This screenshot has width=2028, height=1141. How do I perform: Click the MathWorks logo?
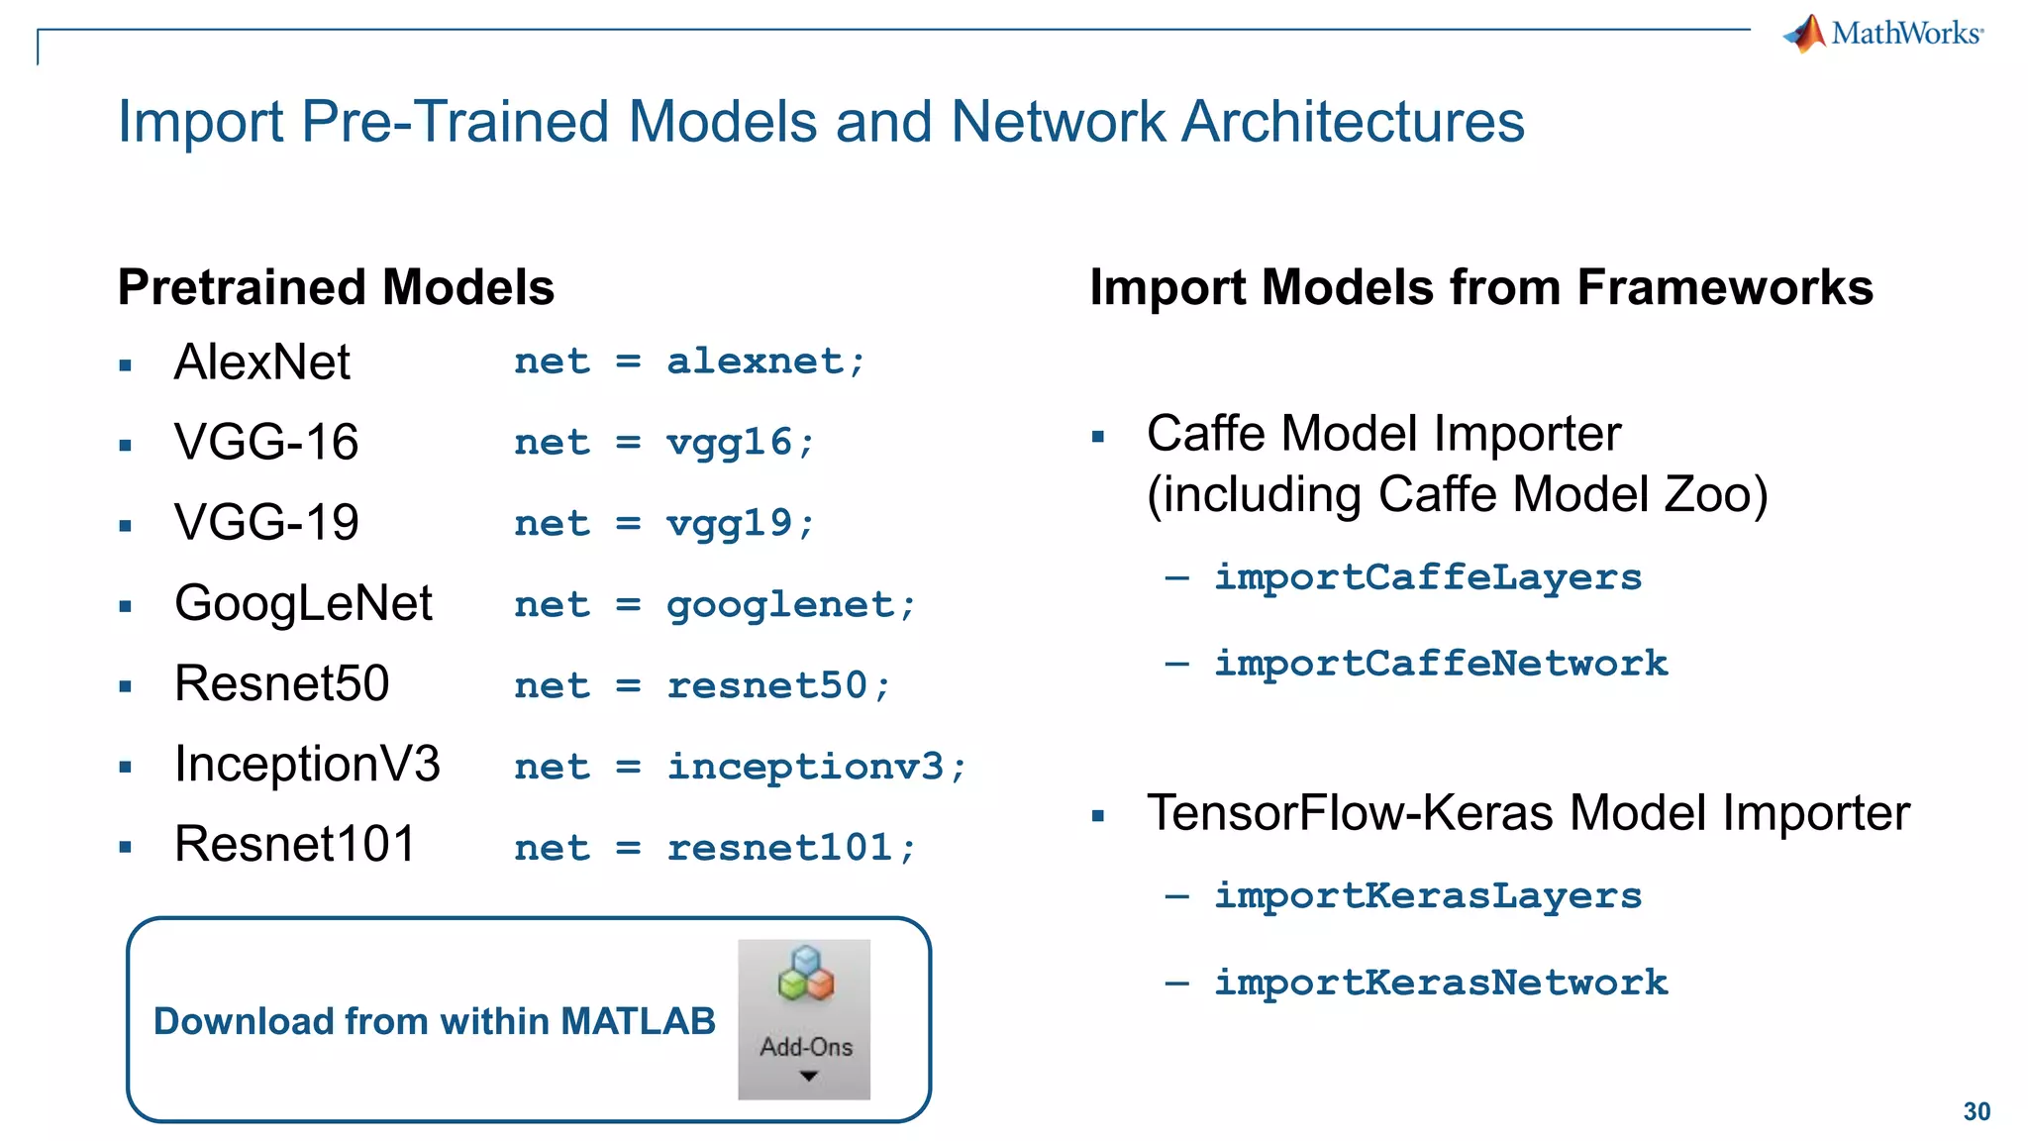point(1883,34)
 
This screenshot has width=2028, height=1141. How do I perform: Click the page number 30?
point(1977,1111)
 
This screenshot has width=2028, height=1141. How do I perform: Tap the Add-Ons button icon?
point(804,1018)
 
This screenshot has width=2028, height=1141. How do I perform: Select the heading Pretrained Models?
point(336,287)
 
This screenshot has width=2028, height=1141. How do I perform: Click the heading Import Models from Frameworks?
point(1480,287)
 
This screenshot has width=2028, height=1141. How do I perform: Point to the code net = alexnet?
point(690,361)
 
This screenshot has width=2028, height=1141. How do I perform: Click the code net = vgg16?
point(664,442)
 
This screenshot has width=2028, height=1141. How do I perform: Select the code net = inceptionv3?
point(740,766)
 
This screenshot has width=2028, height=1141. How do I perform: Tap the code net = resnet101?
point(715,847)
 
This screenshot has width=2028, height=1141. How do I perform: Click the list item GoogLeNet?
point(303,602)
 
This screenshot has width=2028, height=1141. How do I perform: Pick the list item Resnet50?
point(281,683)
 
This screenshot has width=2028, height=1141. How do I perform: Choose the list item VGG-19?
point(266,522)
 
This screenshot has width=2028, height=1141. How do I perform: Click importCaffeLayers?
point(1427,576)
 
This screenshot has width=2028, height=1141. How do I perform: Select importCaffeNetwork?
point(1441,663)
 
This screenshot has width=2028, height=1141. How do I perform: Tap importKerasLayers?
point(1427,895)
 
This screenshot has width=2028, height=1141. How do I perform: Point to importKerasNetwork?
point(1441,982)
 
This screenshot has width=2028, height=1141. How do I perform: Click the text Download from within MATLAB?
point(434,1021)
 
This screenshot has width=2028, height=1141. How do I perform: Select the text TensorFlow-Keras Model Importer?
point(1527,812)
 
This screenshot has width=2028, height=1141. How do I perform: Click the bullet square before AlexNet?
point(125,364)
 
